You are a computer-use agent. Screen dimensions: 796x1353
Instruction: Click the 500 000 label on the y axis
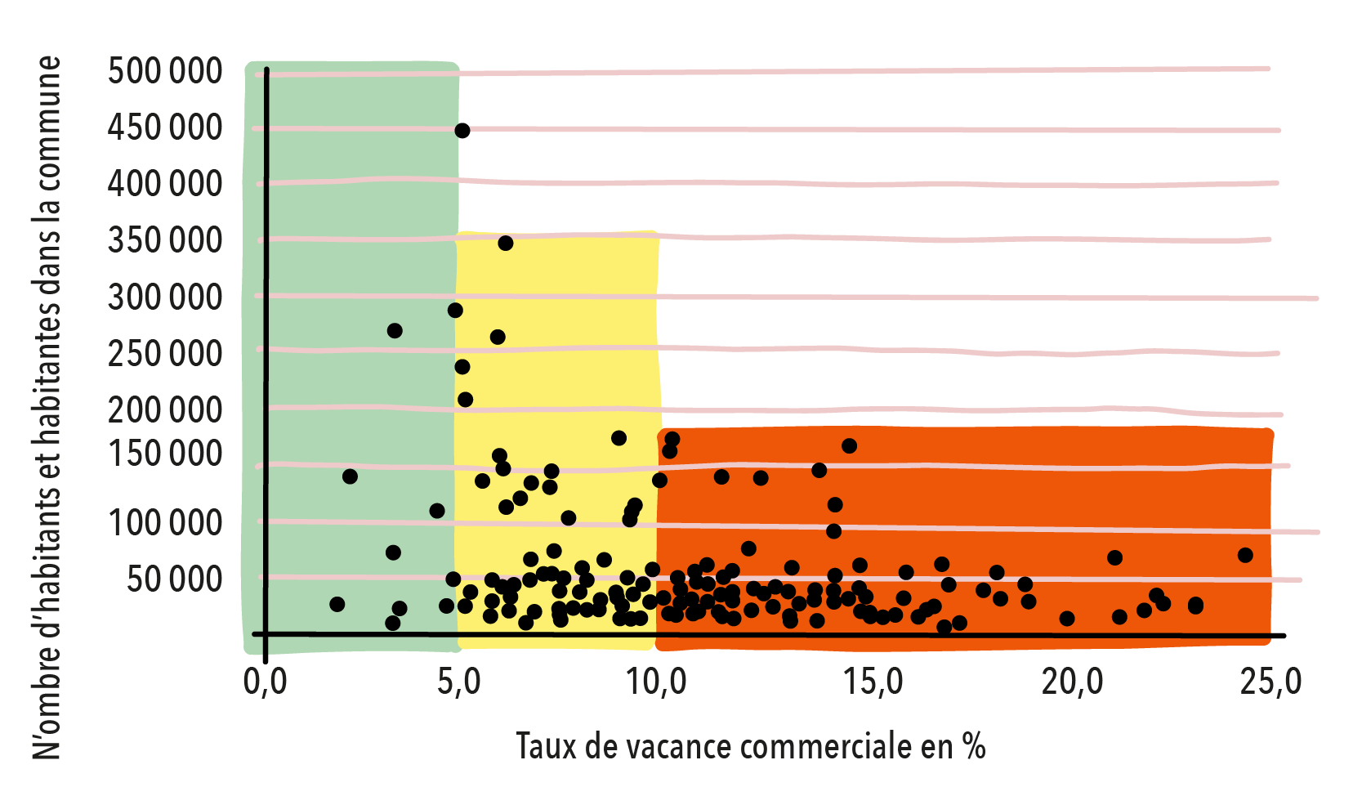point(165,71)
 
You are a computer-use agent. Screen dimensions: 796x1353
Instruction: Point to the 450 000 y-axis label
point(165,127)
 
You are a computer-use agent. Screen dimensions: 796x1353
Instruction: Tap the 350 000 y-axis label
point(165,240)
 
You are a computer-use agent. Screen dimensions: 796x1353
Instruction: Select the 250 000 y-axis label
point(165,354)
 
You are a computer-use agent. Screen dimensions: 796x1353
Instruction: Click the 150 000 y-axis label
point(165,453)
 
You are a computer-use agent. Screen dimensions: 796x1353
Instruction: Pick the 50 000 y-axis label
point(174,579)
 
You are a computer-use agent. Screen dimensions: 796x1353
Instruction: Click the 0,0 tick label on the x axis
point(266,682)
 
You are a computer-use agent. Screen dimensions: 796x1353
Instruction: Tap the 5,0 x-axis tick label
point(459,682)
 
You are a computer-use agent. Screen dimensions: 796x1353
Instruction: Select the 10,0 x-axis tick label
point(657,682)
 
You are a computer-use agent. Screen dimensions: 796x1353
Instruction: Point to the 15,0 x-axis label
point(873,682)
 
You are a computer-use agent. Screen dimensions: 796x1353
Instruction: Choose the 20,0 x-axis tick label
point(1072,682)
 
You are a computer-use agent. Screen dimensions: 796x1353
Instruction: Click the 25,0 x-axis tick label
point(1270,682)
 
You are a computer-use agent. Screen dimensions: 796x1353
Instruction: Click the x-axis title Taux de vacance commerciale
point(751,746)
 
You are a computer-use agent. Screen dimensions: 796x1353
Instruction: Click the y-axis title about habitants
point(47,407)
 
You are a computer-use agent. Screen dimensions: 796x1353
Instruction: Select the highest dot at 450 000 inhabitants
point(462,131)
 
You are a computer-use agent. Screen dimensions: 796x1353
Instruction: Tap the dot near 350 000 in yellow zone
point(506,244)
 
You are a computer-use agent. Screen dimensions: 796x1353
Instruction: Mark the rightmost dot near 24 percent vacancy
point(1245,556)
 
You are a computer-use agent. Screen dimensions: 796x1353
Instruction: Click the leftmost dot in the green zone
point(337,605)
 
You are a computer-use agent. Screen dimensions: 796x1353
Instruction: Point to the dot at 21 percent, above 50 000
point(1114,558)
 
